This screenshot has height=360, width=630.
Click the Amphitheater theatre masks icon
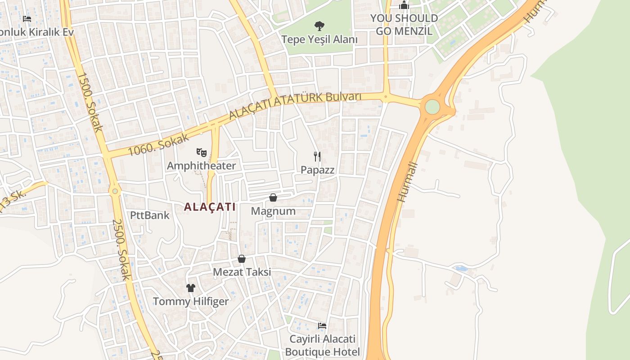pyautogui.click(x=201, y=153)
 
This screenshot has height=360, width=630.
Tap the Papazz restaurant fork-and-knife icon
pyautogui.click(x=318, y=157)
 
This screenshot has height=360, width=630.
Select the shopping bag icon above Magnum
pyautogui.click(x=273, y=198)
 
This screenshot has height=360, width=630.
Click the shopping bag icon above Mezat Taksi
pyautogui.click(x=242, y=259)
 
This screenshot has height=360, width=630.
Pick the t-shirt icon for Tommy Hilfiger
pyautogui.click(x=191, y=288)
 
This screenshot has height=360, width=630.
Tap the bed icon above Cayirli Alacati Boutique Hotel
pyautogui.click(x=322, y=325)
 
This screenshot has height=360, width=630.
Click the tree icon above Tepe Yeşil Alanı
pyautogui.click(x=319, y=26)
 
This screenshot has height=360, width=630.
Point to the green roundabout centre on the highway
pyautogui.click(x=432, y=107)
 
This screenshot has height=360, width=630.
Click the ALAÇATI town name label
pyautogui.click(x=210, y=207)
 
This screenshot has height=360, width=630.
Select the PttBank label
pyautogui.click(x=150, y=215)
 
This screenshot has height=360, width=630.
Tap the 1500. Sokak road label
pyautogui.click(x=90, y=103)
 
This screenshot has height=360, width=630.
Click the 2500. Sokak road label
pyautogui.click(x=121, y=250)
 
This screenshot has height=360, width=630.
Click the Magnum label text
pyautogui.click(x=273, y=211)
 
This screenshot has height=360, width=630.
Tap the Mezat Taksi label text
pyautogui.click(x=242, y=272)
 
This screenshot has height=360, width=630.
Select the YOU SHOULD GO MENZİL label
pyautogui.click(x=404, y=25)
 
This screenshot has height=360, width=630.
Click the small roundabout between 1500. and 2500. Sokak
pyautogui.click(x=115, y=191)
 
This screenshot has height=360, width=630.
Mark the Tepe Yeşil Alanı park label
pyautogui.click(x=319, y=40)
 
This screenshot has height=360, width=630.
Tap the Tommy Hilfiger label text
pyautogui.click(x=191, y=301)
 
